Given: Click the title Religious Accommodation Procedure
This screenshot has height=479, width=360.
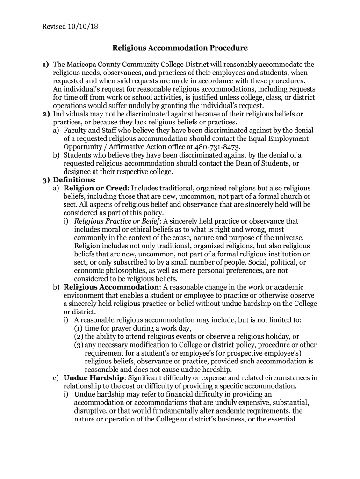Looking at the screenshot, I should coord(180,48).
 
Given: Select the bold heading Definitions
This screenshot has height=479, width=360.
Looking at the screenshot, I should coord(73,180).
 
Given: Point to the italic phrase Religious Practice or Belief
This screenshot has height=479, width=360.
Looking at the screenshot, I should coord(117,221).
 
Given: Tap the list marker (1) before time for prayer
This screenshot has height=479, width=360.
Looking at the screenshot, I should coord(79,328).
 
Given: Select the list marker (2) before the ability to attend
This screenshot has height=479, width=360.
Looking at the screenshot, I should coord(79,336).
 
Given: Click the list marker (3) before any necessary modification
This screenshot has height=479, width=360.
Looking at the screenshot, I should coord(79,345).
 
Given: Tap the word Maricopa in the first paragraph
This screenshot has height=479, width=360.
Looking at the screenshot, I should coord(83,64).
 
